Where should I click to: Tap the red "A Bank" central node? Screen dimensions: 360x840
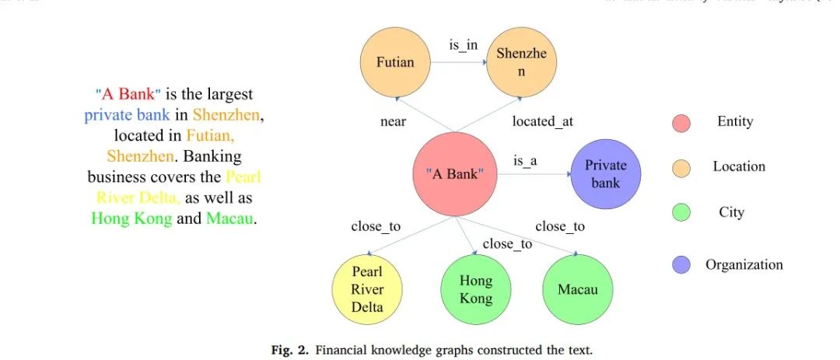tap(455, 173)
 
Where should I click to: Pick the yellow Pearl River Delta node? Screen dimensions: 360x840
tap(367, 289)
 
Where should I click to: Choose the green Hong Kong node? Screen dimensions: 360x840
tap(476, 289)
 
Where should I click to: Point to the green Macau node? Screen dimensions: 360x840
tap(578, 289)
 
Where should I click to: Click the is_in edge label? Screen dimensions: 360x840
tap(464, 45)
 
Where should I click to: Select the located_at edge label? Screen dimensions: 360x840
tap(542, 121)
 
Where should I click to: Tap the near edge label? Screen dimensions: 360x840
tap(393, 121)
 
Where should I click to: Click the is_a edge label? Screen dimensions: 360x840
tap(525, 162)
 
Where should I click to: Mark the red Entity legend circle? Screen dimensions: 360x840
tap(681, 123)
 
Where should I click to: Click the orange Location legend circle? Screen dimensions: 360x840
tap(681, 167)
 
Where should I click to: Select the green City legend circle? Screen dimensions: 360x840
tap(681, 212)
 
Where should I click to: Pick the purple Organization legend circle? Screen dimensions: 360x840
tap(681, 265)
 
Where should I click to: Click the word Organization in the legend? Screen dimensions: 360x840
tap(744, 265)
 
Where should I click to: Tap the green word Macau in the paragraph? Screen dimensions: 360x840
tap(230, 218)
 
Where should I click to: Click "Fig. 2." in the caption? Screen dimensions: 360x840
tap(291, 350)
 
